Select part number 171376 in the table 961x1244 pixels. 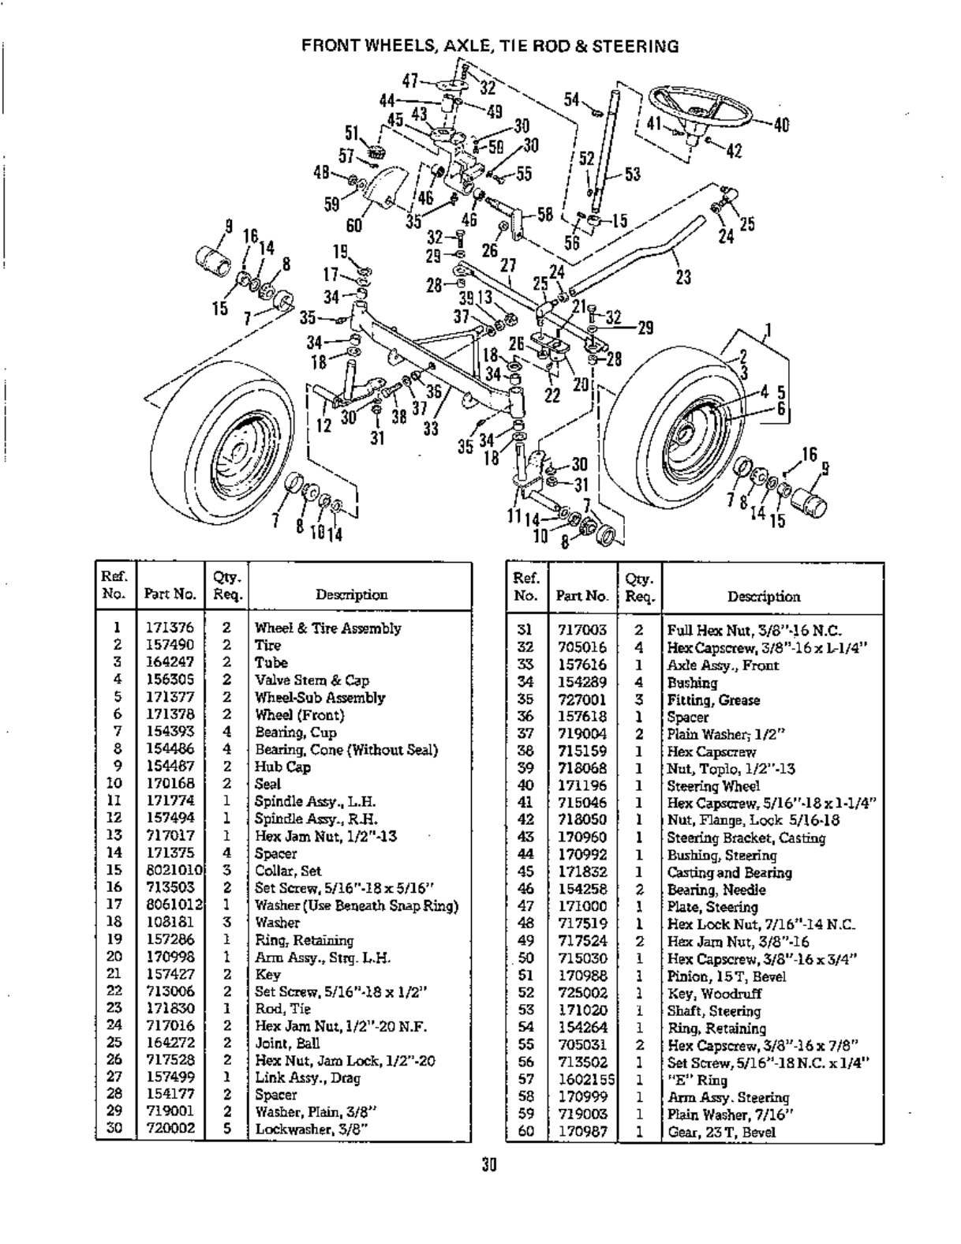pos(169,628)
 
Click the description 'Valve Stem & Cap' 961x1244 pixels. pos(312,680)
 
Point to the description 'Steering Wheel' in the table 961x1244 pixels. pos(713,786)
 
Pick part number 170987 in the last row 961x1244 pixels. pos(581,1132)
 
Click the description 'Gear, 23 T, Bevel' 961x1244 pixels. pos(721,1132)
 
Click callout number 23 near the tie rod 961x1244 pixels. pos(683,277)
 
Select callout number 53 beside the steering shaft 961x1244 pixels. pos(633,174)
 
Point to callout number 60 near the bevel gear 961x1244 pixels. pos(353,225)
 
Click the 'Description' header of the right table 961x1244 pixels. pos(764,597)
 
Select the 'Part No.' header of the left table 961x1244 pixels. pos(170,594)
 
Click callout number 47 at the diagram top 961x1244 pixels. pos(409,80)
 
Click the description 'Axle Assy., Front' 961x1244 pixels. pos(723,665)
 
